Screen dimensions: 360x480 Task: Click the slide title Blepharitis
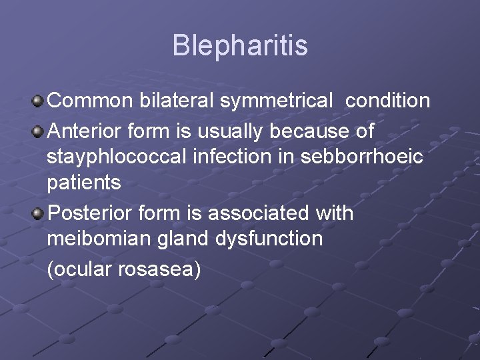click(x=240, y=46)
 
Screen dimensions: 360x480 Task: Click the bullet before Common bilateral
click(x=38, y=101)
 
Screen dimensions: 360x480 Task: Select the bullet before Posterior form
click(x=38, y=214)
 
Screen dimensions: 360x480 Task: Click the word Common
click(x=91, y=101)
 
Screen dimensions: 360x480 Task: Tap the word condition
click(x=387, y=101)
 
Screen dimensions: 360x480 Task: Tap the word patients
click(x=84, y=183)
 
